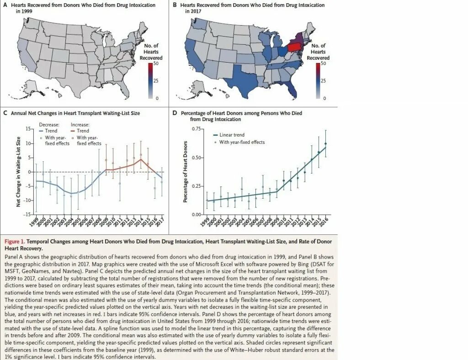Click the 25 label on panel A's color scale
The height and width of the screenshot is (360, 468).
point(155,81)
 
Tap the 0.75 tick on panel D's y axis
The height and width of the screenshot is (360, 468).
point(196,129)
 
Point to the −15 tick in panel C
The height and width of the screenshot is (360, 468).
point(28,214)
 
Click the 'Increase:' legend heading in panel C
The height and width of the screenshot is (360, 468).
point(80,124)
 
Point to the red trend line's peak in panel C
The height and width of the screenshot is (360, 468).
point(141,159)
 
